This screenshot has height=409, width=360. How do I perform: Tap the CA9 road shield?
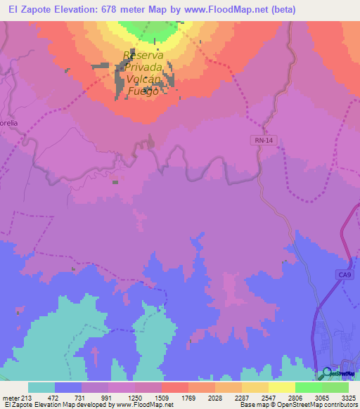coord(343,275)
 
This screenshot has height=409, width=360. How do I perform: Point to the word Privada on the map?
coord(146,67)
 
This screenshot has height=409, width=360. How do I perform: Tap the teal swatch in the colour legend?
coord(41,387)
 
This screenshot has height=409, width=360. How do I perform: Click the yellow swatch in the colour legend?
coord(281,387)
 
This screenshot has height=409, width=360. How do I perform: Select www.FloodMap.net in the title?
coord(233,9)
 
